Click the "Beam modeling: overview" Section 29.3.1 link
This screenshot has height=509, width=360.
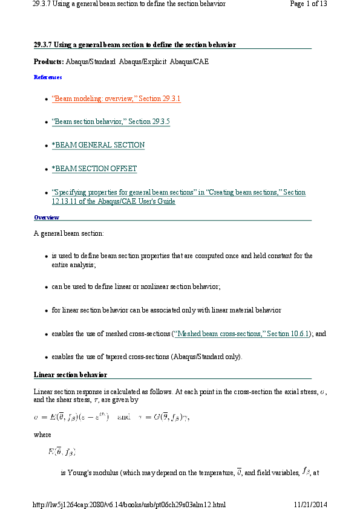pos(116,99)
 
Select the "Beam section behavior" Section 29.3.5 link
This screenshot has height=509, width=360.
pos(111,122)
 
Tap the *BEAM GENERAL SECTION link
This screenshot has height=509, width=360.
pos(98,145)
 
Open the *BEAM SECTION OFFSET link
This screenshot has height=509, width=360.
pos(94,169)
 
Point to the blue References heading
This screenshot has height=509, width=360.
pos(48,77)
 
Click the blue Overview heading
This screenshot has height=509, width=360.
pos(47,217)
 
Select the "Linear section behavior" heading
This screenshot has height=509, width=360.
pos(70,375)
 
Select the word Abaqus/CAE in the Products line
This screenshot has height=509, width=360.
pos(189,62)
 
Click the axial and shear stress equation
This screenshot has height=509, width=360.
pos(111,417)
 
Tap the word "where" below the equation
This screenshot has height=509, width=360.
pos(42,434)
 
